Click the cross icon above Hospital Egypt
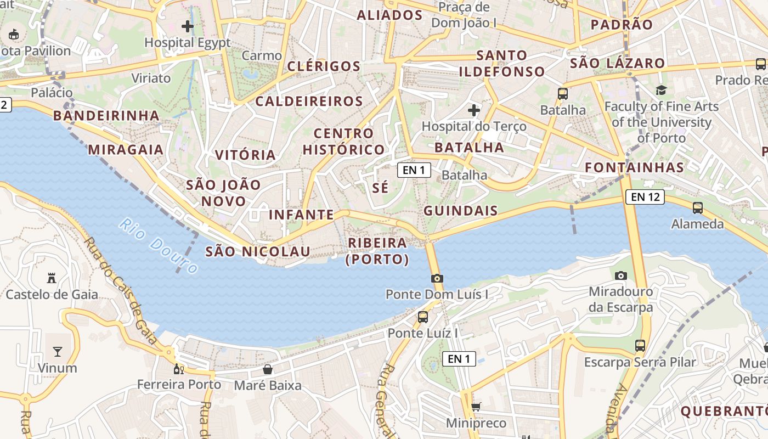pos(188,26)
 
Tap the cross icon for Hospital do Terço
pos(474,110)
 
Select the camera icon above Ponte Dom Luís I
pos(437,278)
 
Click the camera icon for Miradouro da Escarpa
pos(621,275)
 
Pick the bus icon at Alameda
pos(698,208)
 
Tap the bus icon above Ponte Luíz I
pos(422,317)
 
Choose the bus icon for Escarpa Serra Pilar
pos(640,346)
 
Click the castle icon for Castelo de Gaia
pos(52,278)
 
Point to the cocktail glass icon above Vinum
pos(58,351)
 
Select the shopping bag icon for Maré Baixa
pos(268,369)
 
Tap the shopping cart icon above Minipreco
pos(476,407)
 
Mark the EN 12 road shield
pos(645,196)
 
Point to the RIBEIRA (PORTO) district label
pos(377,251)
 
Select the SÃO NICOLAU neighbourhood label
pos(257,252)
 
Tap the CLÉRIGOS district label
pos(324,66)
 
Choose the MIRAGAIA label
pos(126,149)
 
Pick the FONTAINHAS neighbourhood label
pos(635,167)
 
